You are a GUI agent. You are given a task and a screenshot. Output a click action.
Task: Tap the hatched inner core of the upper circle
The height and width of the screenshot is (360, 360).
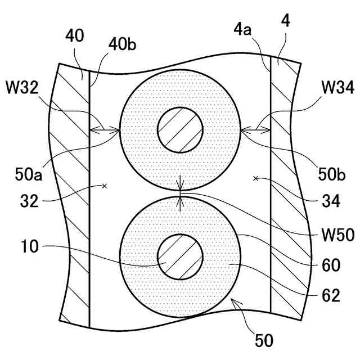[180, 129]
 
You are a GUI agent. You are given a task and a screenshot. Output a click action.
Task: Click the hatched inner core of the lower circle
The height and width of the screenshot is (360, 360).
[180, 256]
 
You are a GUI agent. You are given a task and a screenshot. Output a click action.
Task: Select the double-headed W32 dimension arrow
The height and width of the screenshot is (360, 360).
[105, 132]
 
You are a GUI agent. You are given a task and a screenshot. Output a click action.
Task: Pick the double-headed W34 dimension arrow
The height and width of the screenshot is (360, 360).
[255, 132]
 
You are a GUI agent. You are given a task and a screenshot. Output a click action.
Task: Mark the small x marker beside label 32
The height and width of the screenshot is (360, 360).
[105, 185]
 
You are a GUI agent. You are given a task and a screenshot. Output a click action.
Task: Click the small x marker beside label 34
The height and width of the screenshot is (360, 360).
[256, 179]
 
